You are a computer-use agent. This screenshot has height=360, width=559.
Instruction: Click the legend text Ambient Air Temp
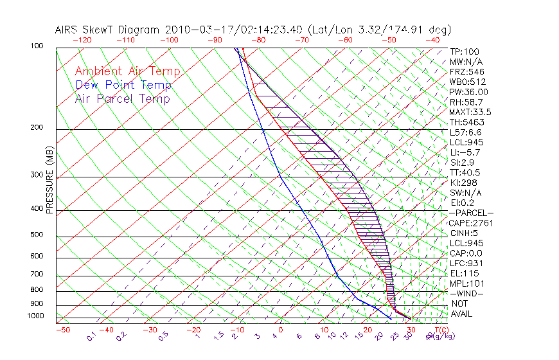click(x=127, y=71)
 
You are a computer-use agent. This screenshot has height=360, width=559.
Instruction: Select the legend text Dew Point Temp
click(x=123, y=85)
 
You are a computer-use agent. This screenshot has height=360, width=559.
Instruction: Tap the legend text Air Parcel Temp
click(x=123, y=98)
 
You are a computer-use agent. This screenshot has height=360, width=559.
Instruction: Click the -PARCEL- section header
click(x=471, y=213)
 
